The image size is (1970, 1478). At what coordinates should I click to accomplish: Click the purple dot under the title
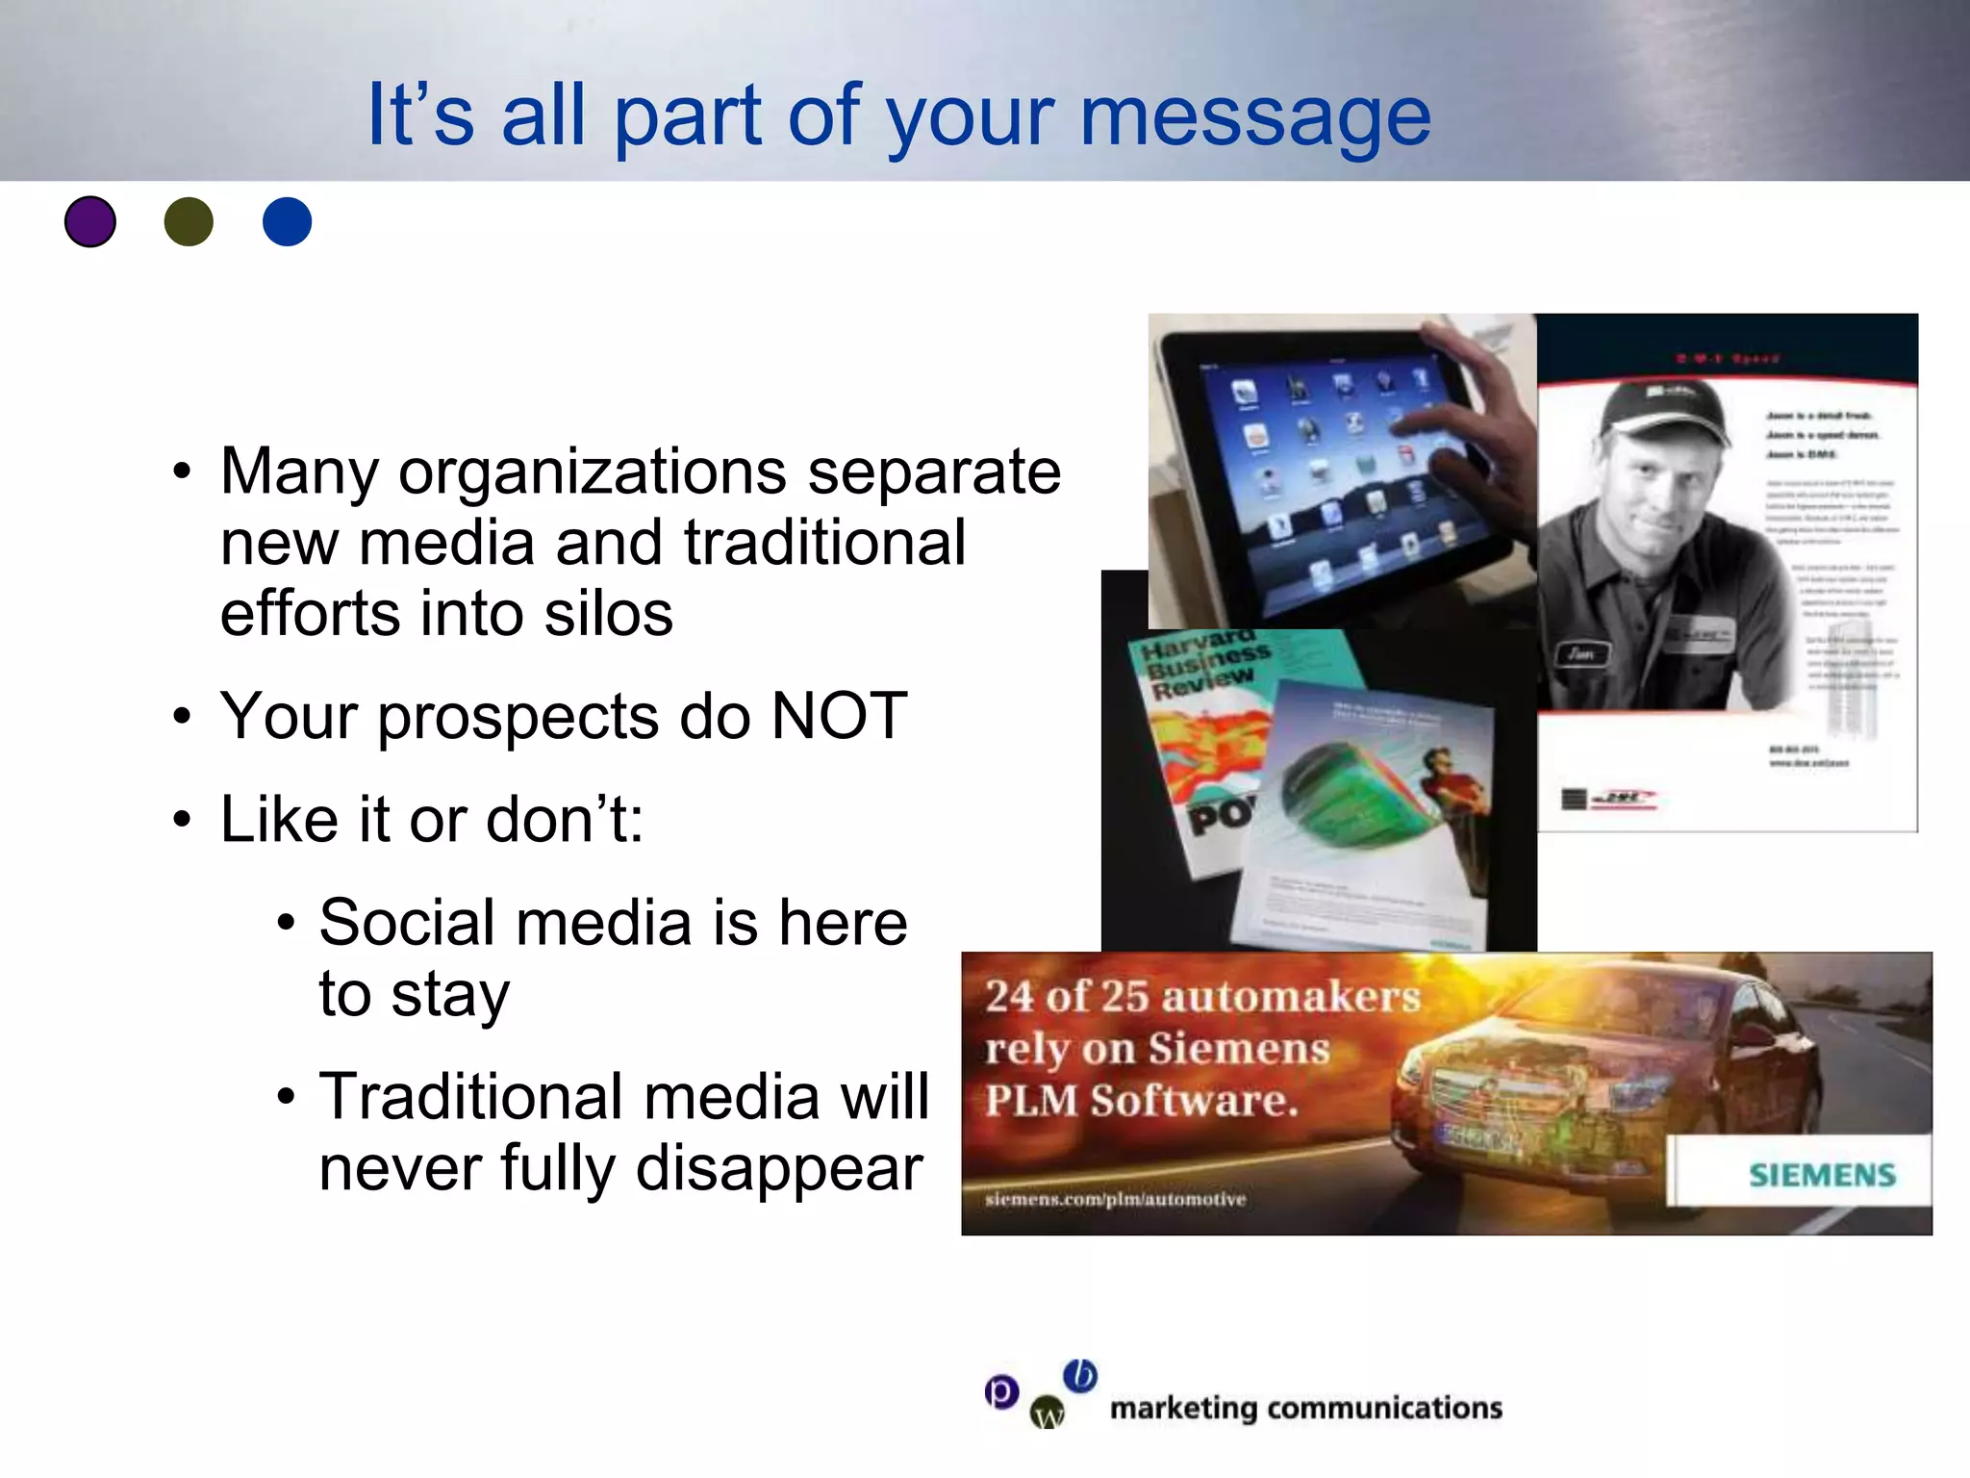(90, 221)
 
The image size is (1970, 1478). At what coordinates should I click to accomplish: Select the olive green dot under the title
(189, 221)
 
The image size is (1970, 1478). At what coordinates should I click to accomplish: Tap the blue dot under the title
(287, 221)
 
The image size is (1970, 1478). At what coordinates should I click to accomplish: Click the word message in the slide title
(1255, 117)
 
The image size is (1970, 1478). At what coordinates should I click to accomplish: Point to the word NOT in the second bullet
(839, 716)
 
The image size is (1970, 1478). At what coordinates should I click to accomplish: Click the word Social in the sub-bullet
(408, 922)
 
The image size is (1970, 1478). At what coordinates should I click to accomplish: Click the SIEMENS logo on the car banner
(1821, 1174)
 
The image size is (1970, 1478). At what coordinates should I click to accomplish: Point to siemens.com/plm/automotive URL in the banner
(1115, 1199)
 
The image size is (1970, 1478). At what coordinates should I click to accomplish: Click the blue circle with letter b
(1080, 1375)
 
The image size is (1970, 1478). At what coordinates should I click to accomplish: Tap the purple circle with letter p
(1001, 1391)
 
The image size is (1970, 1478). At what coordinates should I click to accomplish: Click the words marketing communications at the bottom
(1305, 1408)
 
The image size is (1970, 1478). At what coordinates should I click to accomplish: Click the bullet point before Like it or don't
(182, 821)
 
